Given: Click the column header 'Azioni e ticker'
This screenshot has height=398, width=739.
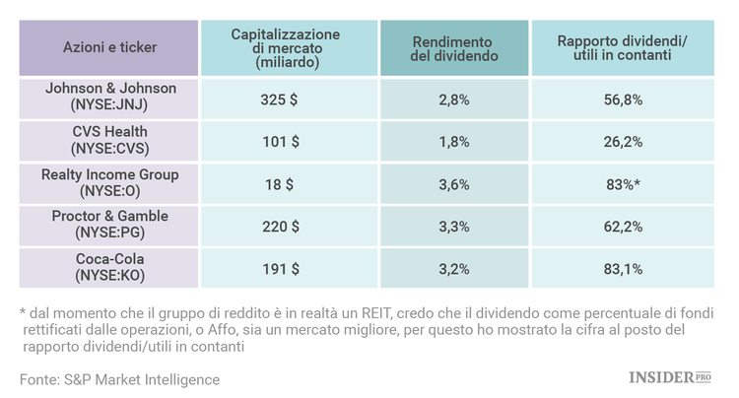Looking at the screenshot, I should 109,46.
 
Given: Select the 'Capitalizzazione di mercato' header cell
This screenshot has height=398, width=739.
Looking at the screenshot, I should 286,47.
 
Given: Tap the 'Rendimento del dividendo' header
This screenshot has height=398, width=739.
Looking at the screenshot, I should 454,47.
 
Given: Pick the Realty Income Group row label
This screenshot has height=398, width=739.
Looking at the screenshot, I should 109,182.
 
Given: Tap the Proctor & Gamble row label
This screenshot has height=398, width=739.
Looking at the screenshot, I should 109,225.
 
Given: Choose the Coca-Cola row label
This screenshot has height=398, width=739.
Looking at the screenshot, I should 109,267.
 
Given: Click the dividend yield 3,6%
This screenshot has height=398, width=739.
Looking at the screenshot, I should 454,183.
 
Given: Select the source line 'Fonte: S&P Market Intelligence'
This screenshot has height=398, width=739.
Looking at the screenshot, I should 119,379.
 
